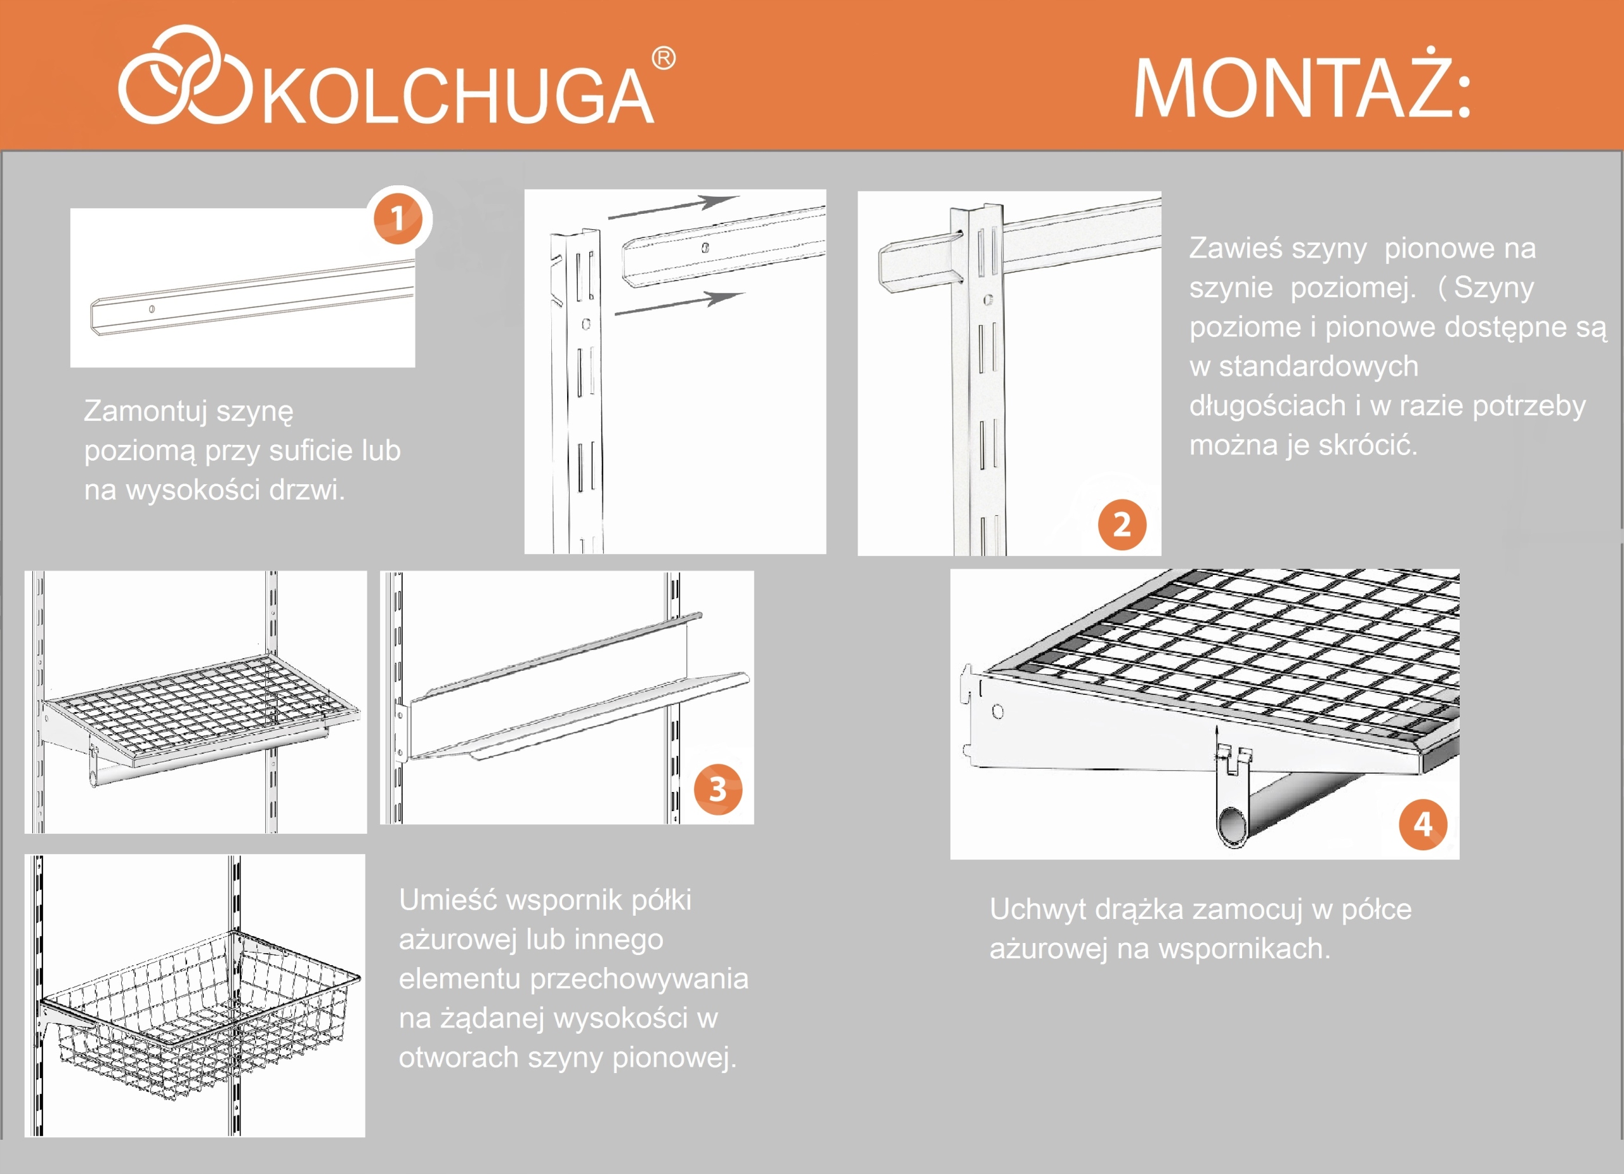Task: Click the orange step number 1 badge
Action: (398, 219)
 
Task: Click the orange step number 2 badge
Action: (1122, 524)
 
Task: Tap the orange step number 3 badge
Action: (717, 789)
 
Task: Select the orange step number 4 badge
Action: (1422, 824)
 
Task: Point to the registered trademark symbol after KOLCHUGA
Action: (664, 59)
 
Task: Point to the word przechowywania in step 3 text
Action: (639, 979)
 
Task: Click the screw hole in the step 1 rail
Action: (151, 310)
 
